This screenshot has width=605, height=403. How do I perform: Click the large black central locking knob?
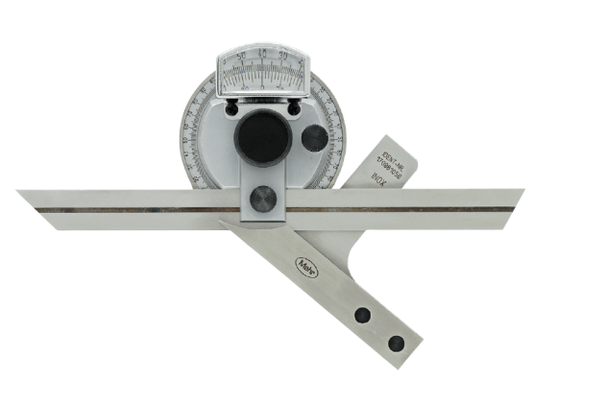[x=262, y=138]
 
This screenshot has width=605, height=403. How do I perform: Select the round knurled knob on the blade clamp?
[x=262, y=199]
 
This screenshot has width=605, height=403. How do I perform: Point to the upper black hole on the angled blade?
[x=363, y=315]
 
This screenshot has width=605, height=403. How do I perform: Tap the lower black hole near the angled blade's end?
[x=395, y=343]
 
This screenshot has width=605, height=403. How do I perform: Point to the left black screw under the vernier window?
[x=231, y=110]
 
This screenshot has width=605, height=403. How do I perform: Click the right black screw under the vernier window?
[x=293, y=110]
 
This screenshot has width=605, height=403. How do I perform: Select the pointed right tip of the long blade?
[x=523, y=191]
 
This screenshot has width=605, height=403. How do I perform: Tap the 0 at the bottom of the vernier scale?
[x=262, y=86]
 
